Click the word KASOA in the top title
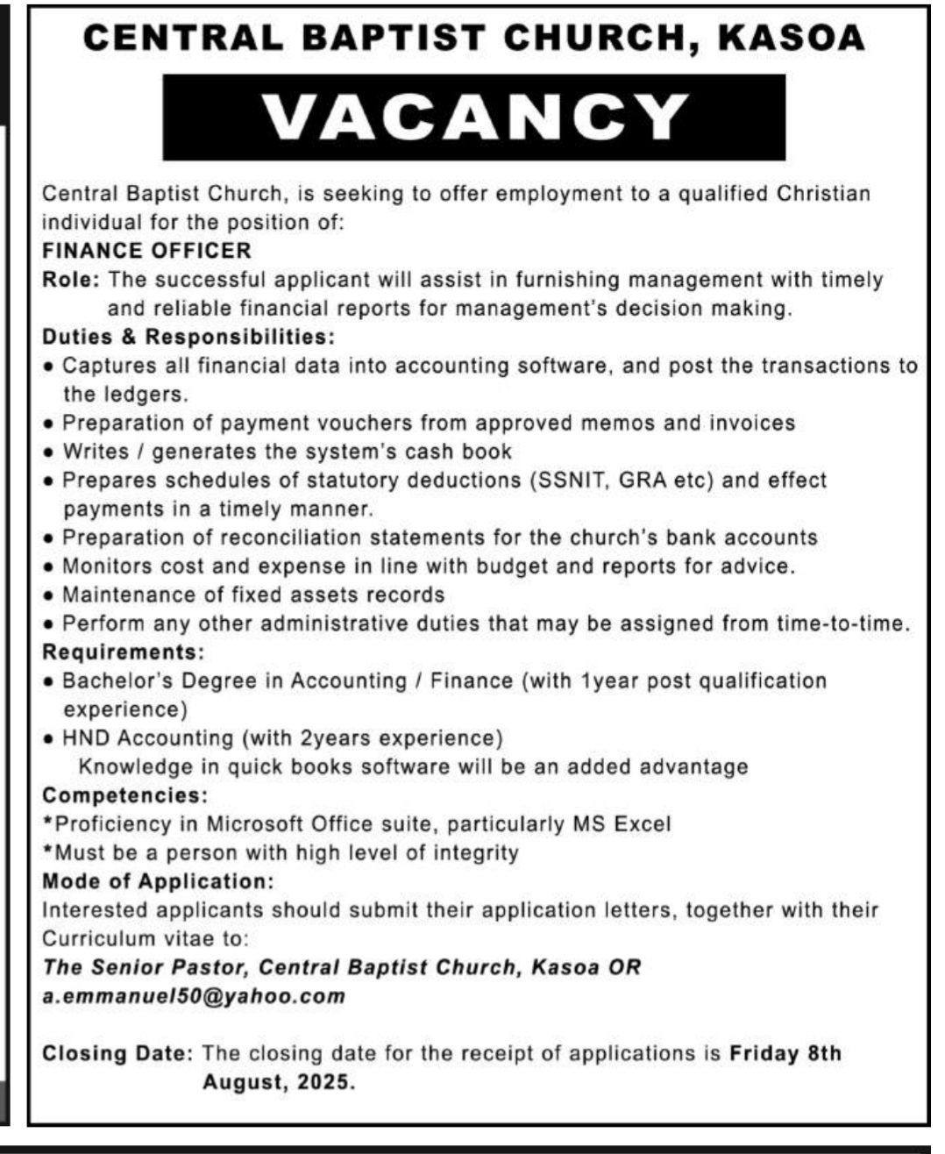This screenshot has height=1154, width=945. (792, 38)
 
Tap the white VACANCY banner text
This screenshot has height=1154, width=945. (474, 117)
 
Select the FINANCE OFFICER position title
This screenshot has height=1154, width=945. (146, 251)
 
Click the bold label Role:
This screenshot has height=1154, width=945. (72, 280)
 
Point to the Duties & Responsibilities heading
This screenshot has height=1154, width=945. (188, 337)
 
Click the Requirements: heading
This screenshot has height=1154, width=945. (123, 652)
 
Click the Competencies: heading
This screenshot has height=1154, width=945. (125, 795)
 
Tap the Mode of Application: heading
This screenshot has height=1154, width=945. (158, 881)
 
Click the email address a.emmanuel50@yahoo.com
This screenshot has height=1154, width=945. (194, 996)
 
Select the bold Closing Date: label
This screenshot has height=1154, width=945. (117, 1053)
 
